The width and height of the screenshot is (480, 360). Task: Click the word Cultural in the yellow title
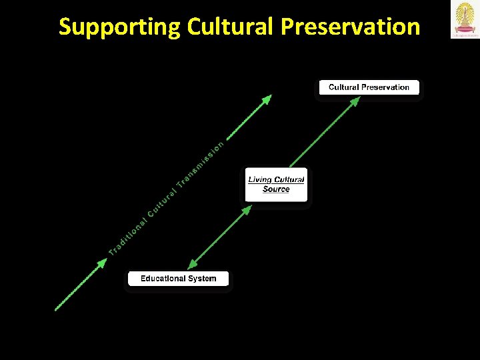[231, 27]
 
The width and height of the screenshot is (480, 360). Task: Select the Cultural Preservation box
[369, 87]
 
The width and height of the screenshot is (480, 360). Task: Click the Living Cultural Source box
[276, 185]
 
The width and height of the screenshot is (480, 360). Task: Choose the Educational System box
[178, 279]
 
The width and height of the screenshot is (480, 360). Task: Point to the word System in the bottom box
[203, 279]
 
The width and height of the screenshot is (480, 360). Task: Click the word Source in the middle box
[276, 189]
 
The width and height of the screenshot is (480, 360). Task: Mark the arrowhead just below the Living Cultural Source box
[246, 211]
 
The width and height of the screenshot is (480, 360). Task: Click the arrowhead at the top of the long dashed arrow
[267, 99]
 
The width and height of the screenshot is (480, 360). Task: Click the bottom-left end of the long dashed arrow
[56, 309]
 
